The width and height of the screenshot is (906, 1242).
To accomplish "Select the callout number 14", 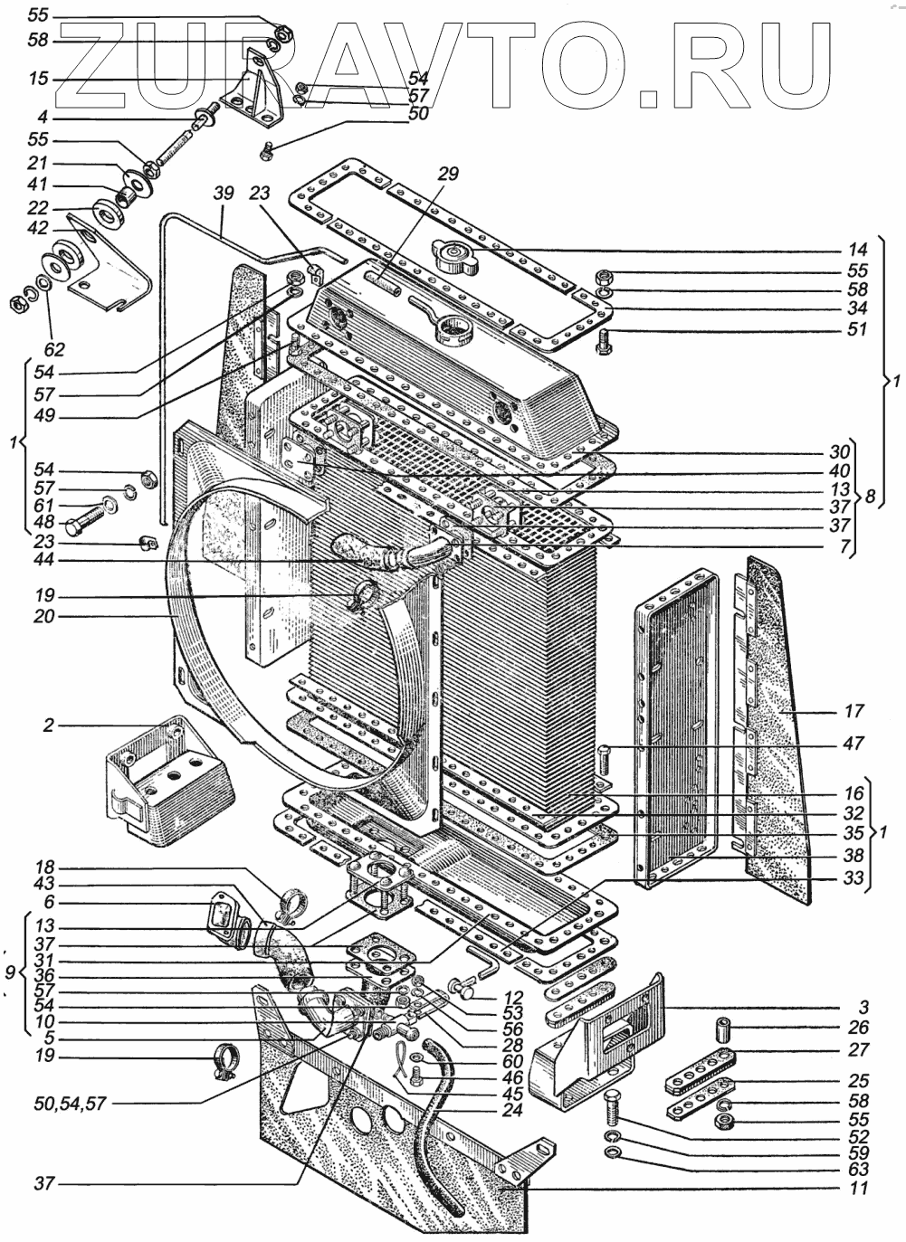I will (858, 250).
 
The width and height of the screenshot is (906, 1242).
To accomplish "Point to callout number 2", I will (48, 725).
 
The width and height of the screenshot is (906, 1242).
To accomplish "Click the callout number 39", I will (224, 193).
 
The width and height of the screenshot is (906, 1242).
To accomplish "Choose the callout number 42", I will (37, 229).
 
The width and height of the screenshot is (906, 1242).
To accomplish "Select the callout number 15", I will (37, 80).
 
